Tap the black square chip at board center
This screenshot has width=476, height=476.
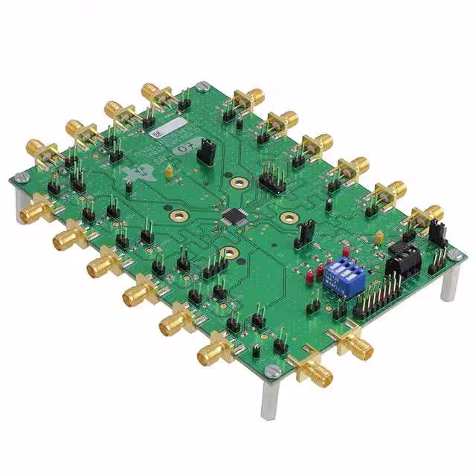tap(232, 216)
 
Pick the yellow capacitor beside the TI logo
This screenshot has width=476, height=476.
tap(170, 173)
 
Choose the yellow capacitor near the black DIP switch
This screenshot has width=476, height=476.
tap(380, 239)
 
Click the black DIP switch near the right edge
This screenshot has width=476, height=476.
tap(402, 261)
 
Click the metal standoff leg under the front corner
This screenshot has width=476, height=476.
tap(268, 398)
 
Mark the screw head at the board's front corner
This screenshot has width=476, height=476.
tap(272, 370)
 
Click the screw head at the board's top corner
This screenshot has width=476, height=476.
tap(202, 87)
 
